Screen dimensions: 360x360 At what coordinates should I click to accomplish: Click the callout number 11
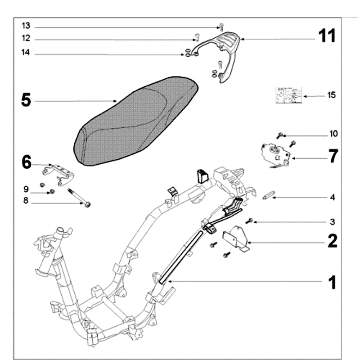point(327,36)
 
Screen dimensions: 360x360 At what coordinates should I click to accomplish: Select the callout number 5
point(26,100)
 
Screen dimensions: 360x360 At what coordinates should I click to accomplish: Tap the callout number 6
point(27,162)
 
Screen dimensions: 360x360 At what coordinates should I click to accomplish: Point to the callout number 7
point(333,156)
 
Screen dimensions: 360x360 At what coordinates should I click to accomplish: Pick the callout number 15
point(332,95)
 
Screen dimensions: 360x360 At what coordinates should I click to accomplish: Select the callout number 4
point(332,197)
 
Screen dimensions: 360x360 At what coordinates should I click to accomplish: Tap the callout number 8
point(26,201)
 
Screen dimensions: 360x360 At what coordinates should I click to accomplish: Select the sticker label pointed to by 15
point(288,95)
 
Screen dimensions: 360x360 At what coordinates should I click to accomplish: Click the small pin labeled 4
point(268,197)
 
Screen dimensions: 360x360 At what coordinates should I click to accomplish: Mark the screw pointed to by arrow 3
point(251,221)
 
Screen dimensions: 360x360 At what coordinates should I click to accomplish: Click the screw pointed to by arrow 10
point(279,135)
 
